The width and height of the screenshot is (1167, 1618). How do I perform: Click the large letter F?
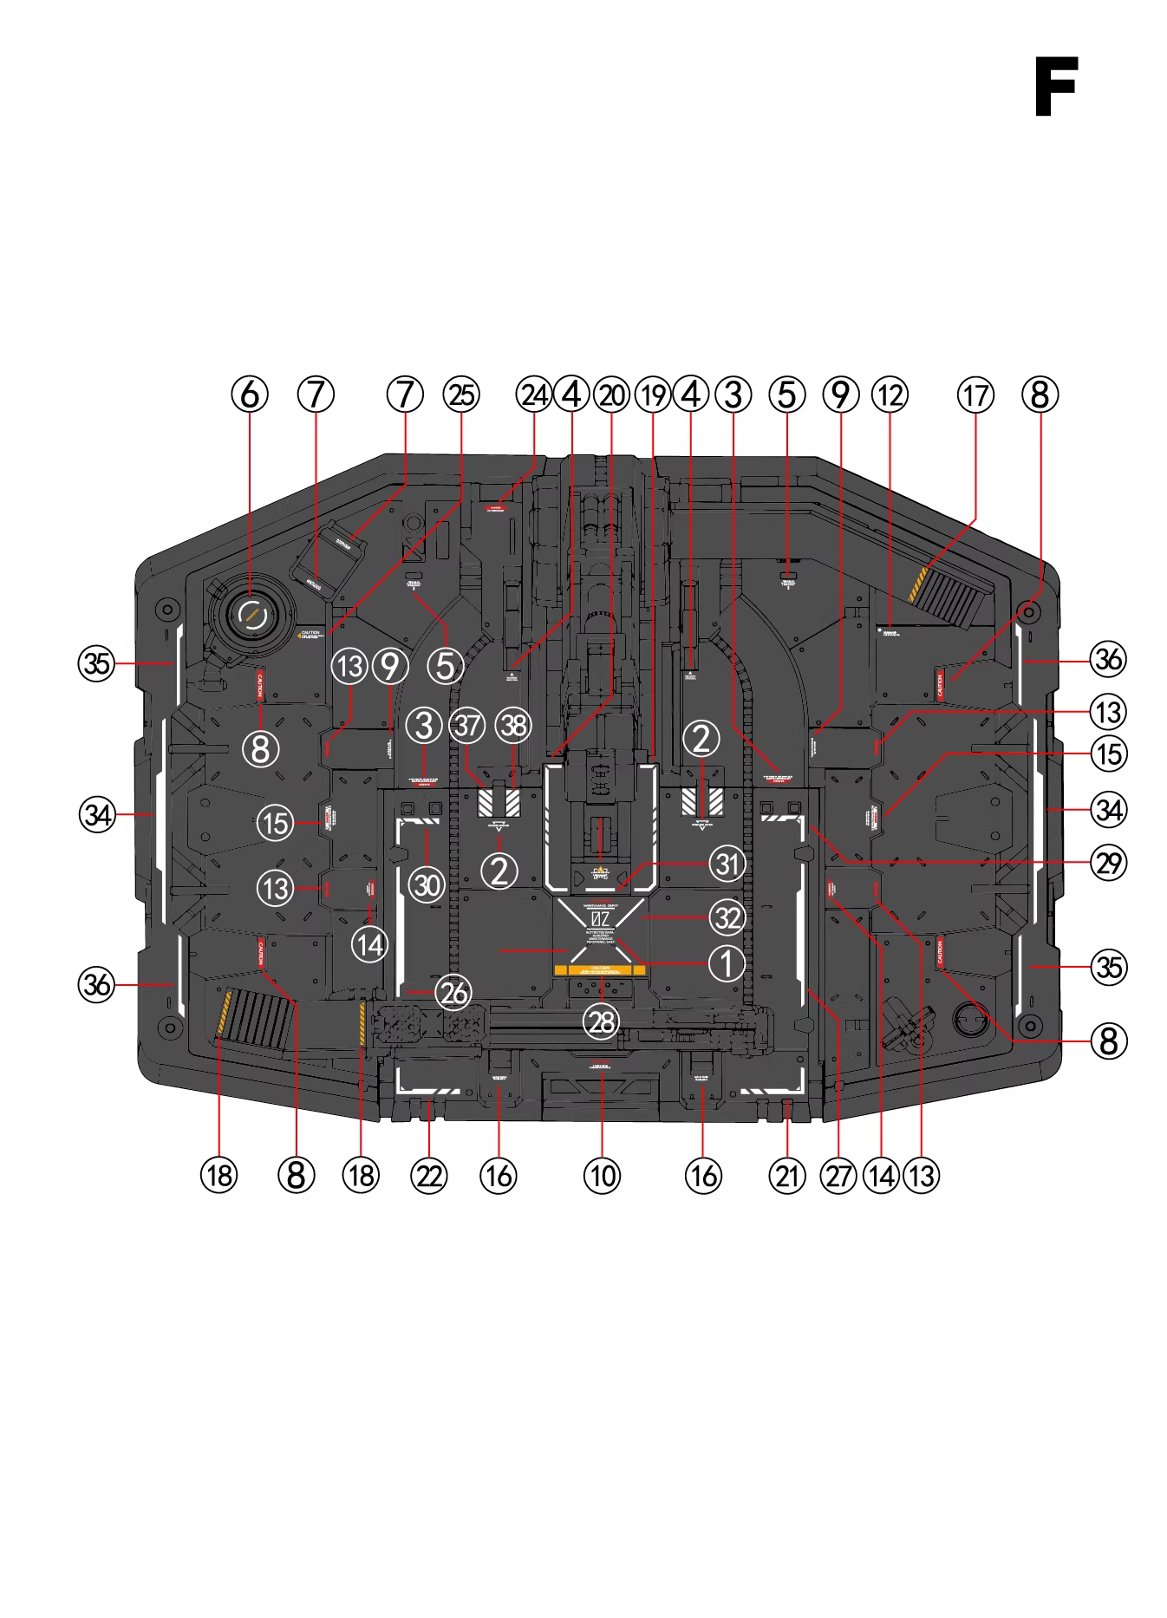click(1055, 87)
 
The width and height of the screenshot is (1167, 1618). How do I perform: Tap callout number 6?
click(250, 395)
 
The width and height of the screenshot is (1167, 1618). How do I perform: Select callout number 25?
click(461, 395)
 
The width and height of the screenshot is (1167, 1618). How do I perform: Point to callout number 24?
click(534, 395)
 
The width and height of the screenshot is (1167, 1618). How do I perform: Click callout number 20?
click(612, 395)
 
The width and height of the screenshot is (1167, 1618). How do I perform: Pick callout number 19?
click(653, 395)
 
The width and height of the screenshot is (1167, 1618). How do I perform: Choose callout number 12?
click(890, 395)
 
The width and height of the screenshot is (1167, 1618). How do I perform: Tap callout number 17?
click(975, 395)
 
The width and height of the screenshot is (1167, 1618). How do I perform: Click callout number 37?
click(468, 725)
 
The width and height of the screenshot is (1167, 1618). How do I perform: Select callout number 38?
click(514, 725)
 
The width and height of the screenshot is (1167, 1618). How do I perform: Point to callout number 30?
click(427, 885)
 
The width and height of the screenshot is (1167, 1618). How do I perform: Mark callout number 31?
click(727, 864)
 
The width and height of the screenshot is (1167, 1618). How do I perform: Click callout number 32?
click(727, 917)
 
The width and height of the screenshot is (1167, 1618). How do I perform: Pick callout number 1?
click(727, 963)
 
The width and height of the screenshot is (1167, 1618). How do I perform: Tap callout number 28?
click(602, 1021)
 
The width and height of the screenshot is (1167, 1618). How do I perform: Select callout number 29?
click(1109, 863)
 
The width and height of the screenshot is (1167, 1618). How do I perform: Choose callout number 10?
click(602, 1176)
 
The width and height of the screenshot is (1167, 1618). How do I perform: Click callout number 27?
click(838, 1176)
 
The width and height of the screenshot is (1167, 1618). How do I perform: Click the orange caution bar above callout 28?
click(600, 969)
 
